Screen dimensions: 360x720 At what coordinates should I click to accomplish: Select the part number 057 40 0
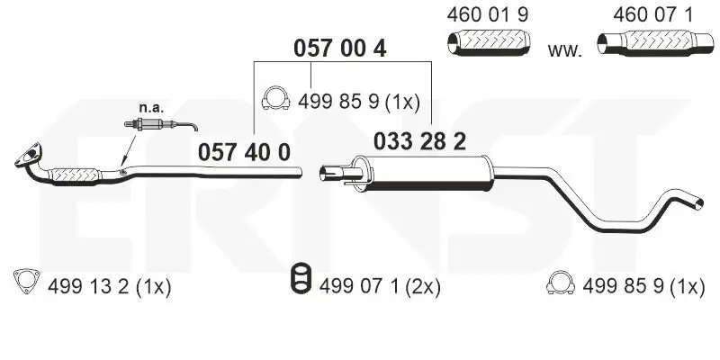(x=244, y=152)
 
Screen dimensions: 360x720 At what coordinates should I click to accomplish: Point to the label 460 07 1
(x=652, y=15)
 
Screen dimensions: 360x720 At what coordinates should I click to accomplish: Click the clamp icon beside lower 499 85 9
(x=560, y=285)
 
